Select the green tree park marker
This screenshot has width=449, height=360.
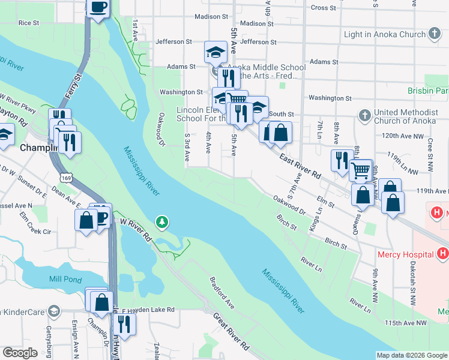[161, 223]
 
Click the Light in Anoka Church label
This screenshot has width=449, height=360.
[384, 34]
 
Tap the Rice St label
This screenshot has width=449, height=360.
[28, 23]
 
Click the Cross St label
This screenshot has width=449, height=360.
[324, 8]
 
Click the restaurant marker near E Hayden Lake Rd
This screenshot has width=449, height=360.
[124, 324]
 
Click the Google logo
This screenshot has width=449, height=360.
[20, 353]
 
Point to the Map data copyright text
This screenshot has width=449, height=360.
[411, 355]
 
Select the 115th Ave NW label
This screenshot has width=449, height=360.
[408, 323]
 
